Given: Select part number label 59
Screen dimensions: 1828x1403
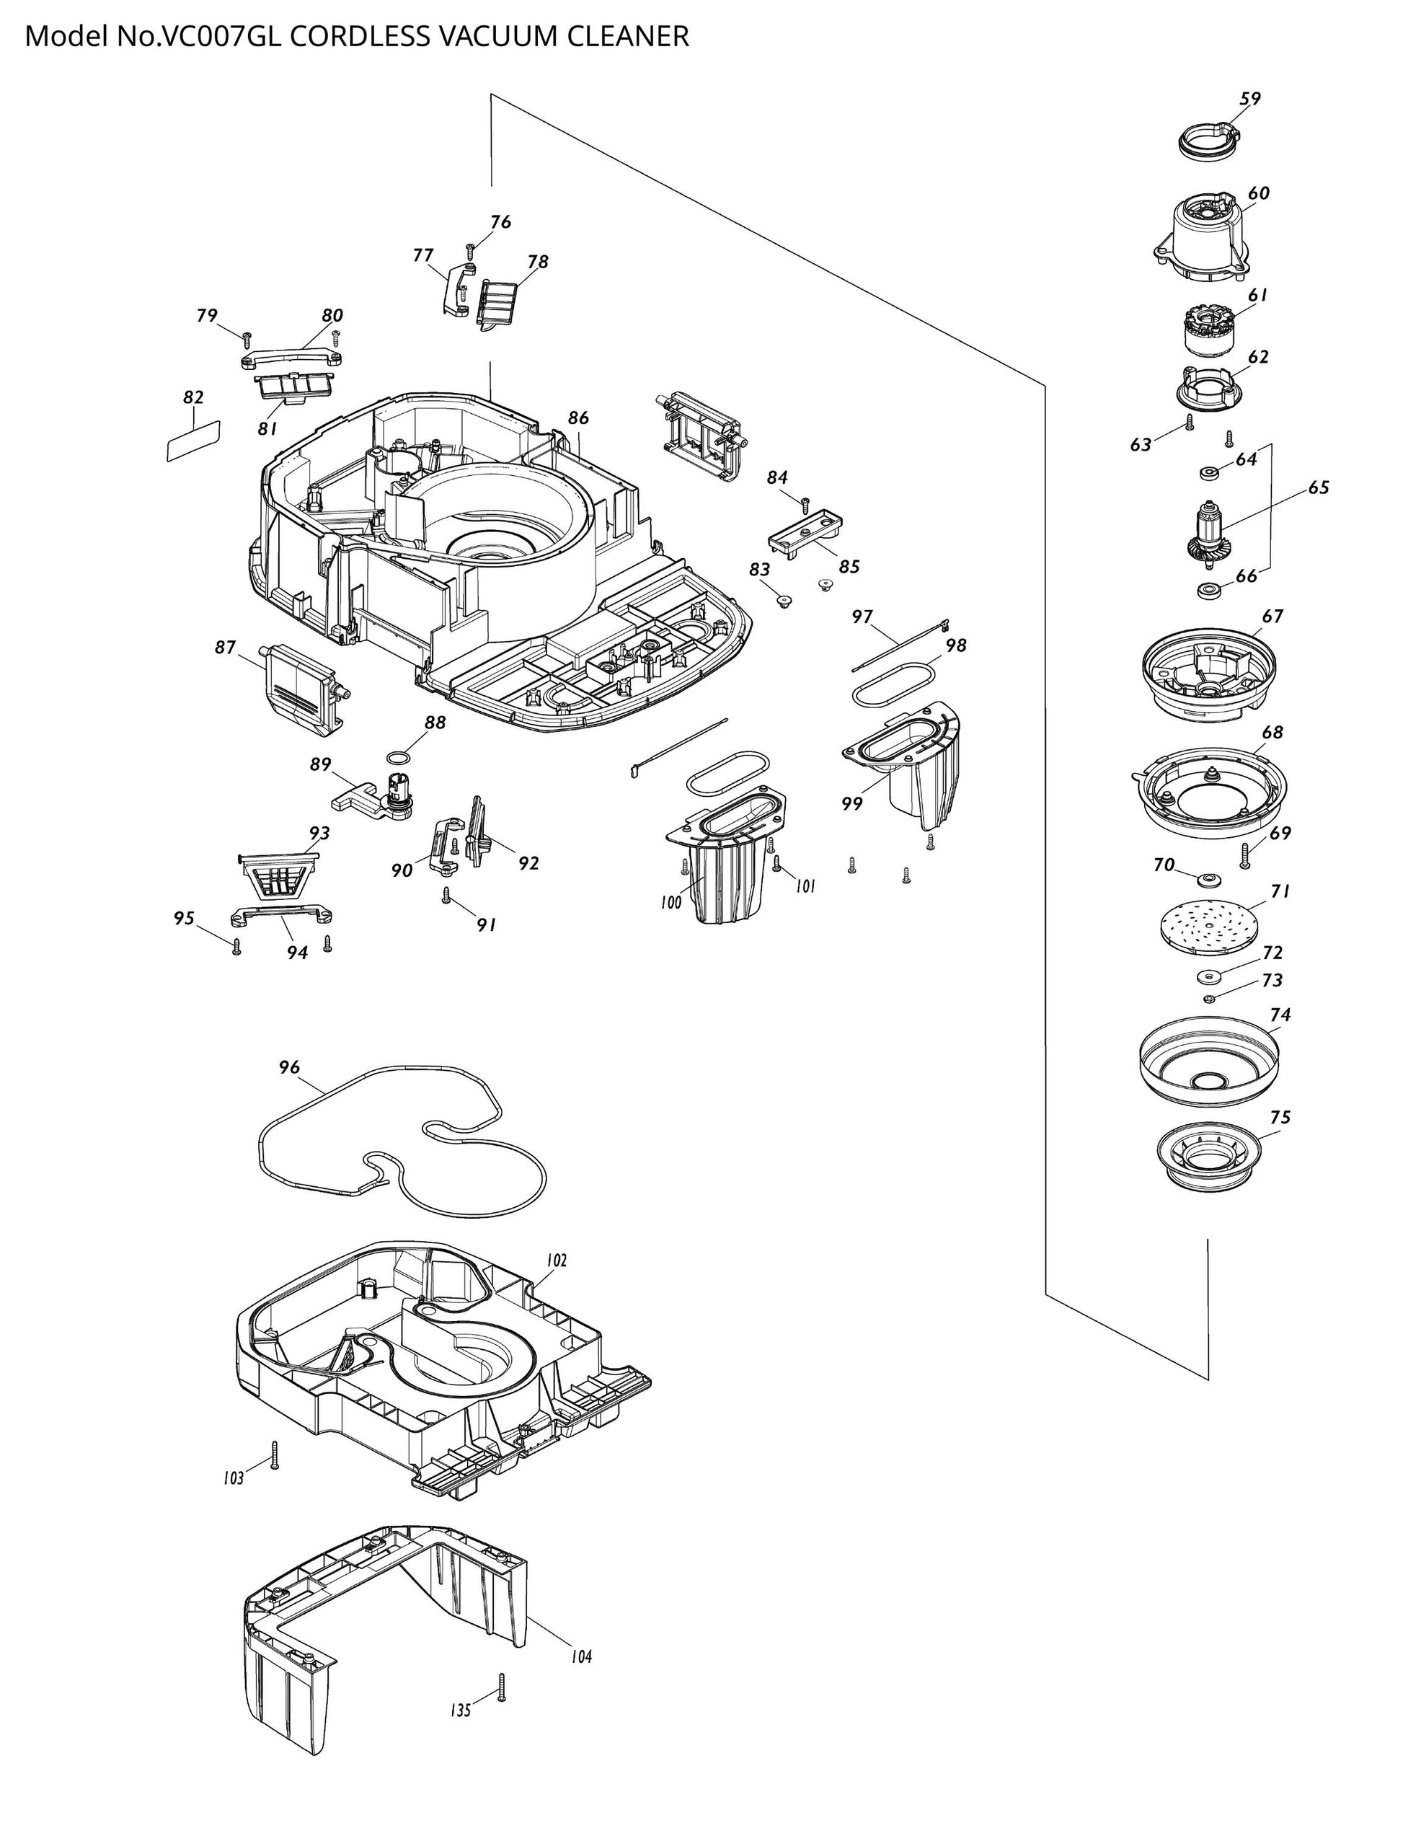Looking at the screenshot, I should [1249, 99].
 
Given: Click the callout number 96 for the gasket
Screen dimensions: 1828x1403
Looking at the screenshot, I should [289, 1067].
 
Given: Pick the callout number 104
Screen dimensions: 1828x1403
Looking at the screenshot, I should [581, 1656].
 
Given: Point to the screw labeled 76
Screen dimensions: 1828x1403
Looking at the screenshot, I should [471, 248].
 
